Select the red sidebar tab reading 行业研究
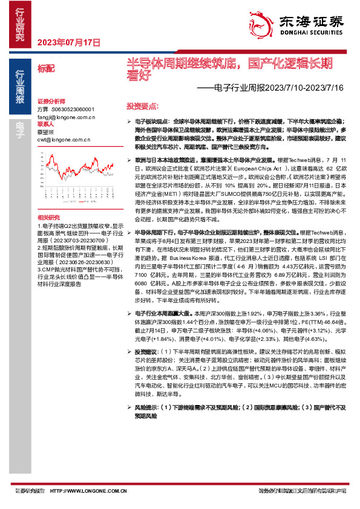tap(19, 24)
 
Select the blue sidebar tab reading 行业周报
tap(19, 88)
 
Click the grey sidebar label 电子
tap(19, 126)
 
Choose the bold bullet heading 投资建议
tap(145, 352)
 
